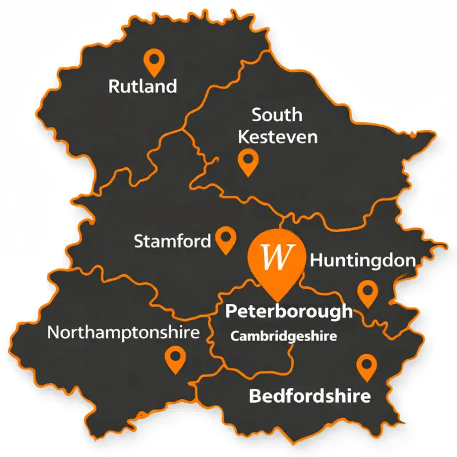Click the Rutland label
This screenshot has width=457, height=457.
click(142, 87)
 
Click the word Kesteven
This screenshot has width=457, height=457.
click(277, 137)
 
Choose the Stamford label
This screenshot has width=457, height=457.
click(172, 241)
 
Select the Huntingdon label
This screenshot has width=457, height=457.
click(362, 261)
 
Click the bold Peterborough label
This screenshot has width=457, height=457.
click(289, 312)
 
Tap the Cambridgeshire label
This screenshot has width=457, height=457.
click(283, 336)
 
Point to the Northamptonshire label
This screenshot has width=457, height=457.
click(123, 332)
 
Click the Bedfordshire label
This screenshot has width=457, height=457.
click(310, 396)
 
